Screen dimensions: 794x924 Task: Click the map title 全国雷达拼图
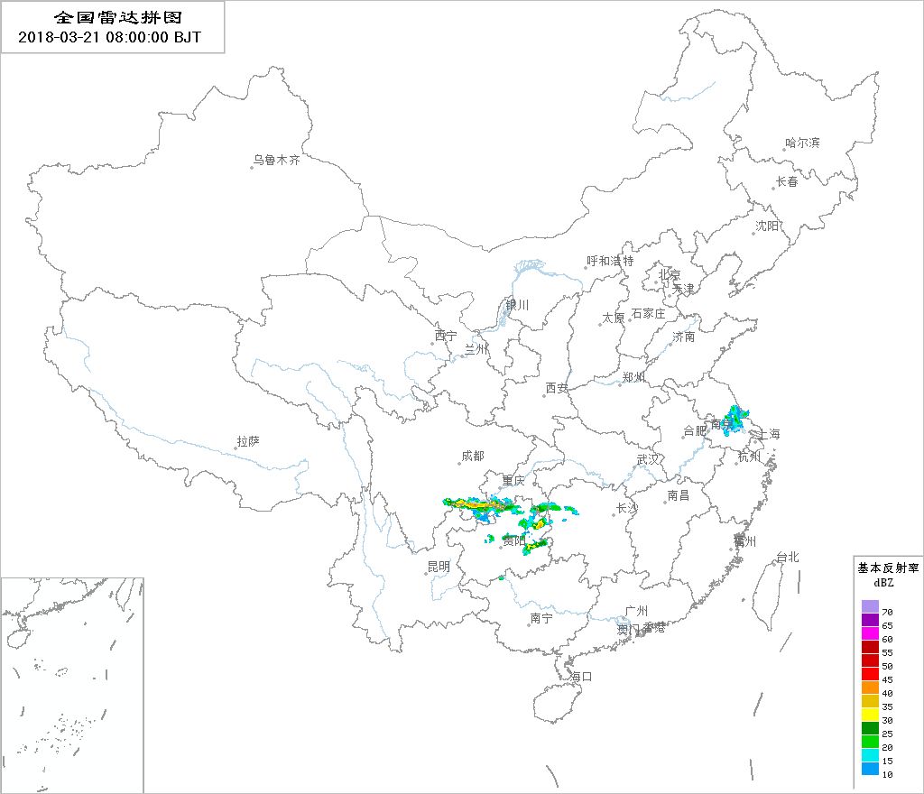112,18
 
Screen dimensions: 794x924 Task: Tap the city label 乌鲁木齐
275,160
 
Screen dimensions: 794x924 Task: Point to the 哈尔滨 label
802,143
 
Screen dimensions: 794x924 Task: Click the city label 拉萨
248,441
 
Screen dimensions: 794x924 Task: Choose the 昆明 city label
438,567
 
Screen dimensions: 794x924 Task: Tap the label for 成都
472,456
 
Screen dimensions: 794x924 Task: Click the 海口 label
581,676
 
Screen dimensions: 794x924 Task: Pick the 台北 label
788,557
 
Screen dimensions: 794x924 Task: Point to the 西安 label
557,388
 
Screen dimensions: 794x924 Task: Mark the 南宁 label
541,618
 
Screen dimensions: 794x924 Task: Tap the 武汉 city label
648,459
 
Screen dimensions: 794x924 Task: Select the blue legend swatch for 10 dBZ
870,769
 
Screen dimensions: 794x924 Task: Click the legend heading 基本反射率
888,568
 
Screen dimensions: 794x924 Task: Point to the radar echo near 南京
737,420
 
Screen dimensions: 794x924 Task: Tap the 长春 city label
787,181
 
